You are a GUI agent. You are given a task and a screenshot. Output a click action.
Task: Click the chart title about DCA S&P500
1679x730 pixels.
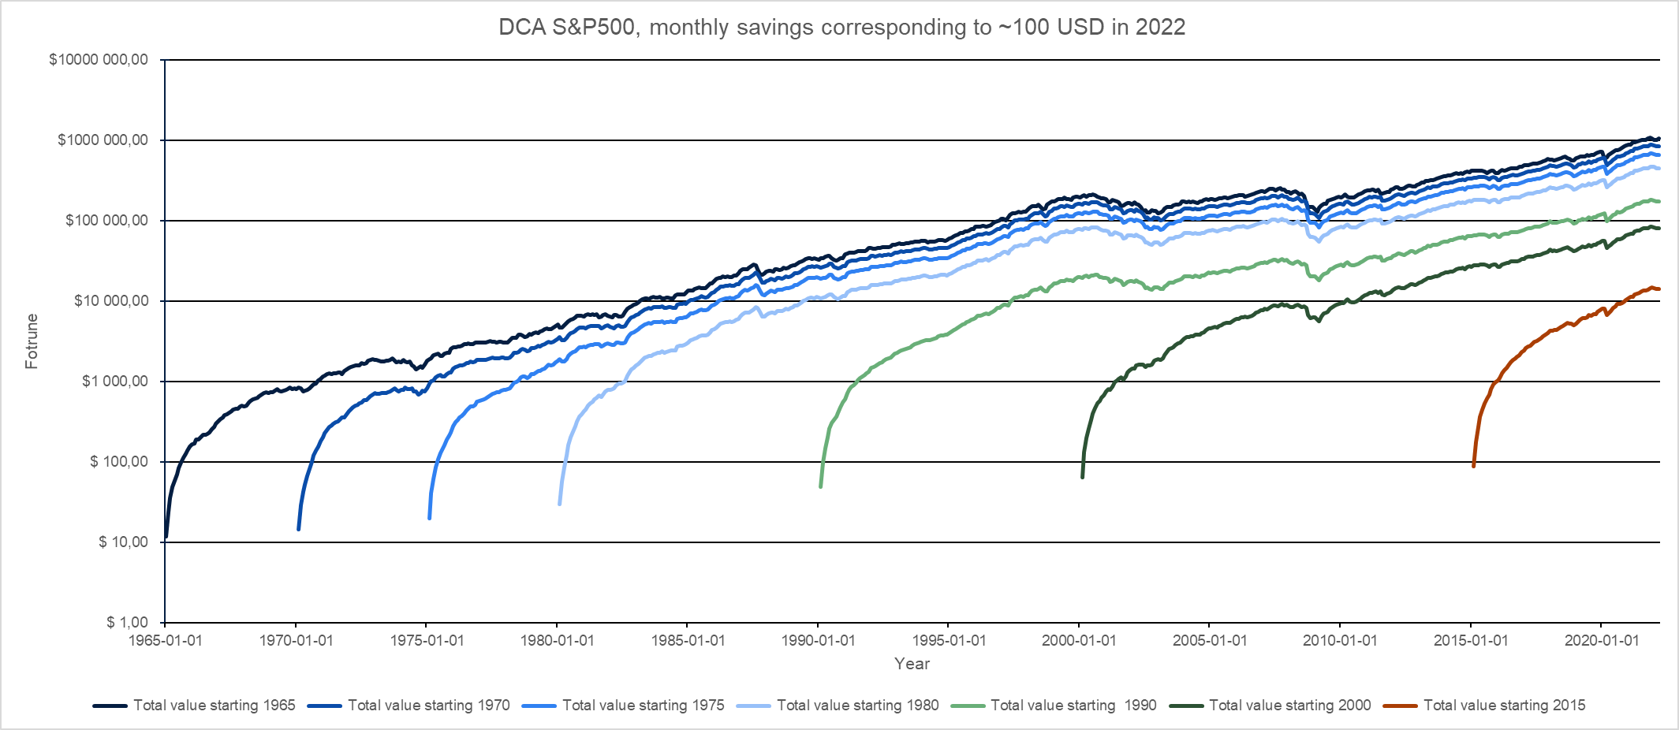[841, 28]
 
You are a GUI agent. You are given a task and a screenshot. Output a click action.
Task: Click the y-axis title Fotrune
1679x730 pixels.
[32, 341]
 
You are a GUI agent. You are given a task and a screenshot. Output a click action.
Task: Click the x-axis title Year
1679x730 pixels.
[912, 664]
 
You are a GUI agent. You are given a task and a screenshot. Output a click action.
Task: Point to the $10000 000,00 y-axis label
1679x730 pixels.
[99, 60]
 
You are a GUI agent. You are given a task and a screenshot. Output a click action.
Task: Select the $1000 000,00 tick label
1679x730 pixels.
[103, 140]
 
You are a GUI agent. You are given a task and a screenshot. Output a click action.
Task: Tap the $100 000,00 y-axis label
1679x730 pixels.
[106, 221]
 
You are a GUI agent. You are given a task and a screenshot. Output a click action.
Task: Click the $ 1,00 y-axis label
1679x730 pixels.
[127, 623]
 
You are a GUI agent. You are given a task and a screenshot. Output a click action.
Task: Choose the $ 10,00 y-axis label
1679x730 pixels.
[123, 542]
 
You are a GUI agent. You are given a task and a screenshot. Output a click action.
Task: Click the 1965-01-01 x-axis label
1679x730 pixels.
[166, 640]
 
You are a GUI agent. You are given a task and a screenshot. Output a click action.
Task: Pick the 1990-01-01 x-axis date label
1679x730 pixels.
[818, 640]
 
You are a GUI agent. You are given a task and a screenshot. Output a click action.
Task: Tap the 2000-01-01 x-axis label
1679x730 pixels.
[1079, 640]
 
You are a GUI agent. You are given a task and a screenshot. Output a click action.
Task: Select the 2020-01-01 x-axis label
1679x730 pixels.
[1601, 640]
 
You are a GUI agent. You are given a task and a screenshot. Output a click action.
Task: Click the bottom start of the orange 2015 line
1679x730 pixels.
[1473, 467]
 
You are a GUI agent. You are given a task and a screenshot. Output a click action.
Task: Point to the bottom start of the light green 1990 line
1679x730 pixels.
[821, 486]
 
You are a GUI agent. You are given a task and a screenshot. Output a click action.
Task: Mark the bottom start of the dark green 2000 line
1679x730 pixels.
[1082, 477]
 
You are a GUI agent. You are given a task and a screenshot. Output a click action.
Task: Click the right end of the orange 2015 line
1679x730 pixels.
[1659, 289]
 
